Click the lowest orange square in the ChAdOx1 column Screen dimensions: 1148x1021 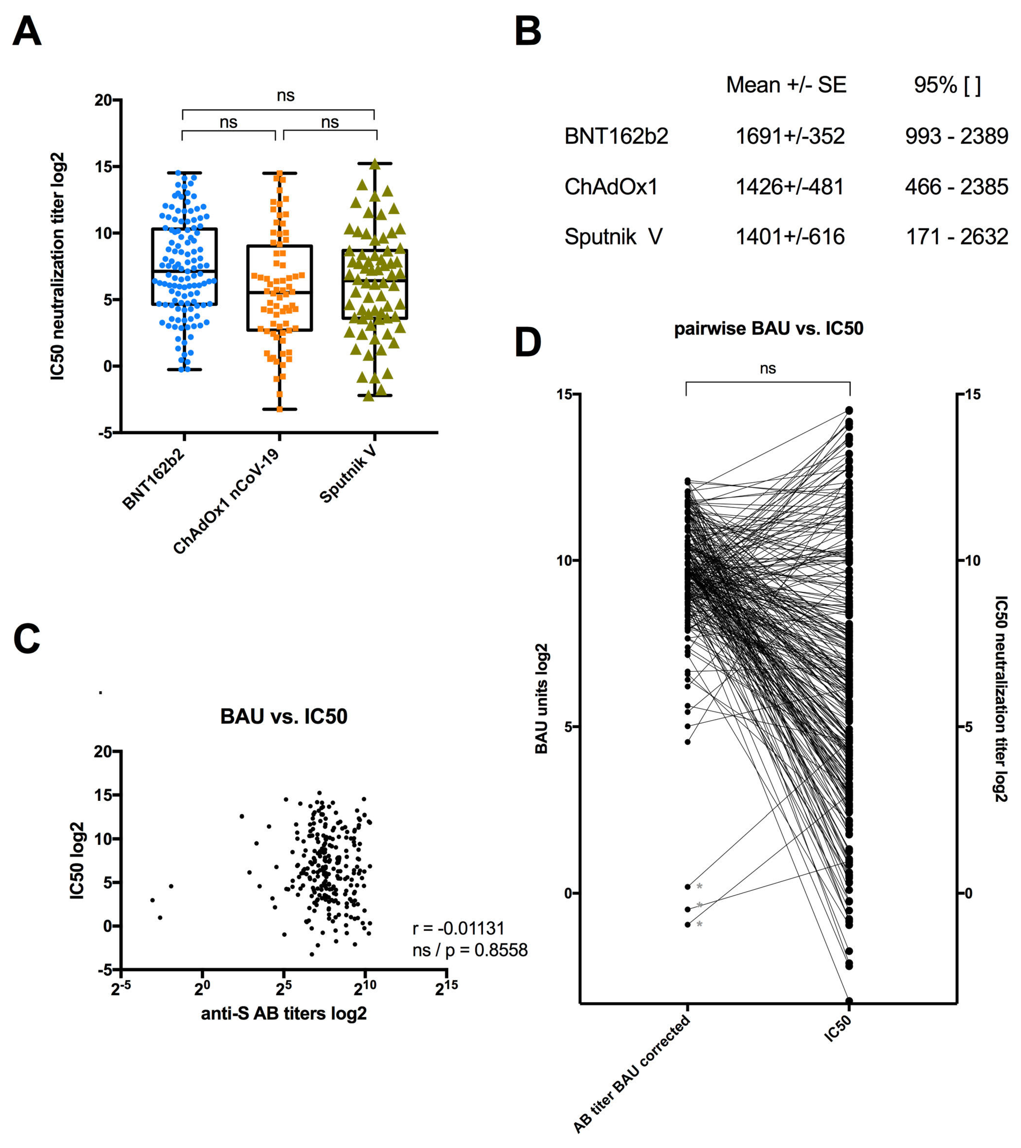[x=280, y=409]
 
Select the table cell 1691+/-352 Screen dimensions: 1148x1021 [x=790, y=136]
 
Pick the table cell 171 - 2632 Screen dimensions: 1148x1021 [x=956, y=237]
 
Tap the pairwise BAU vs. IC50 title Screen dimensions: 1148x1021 [x=768, y=328]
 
